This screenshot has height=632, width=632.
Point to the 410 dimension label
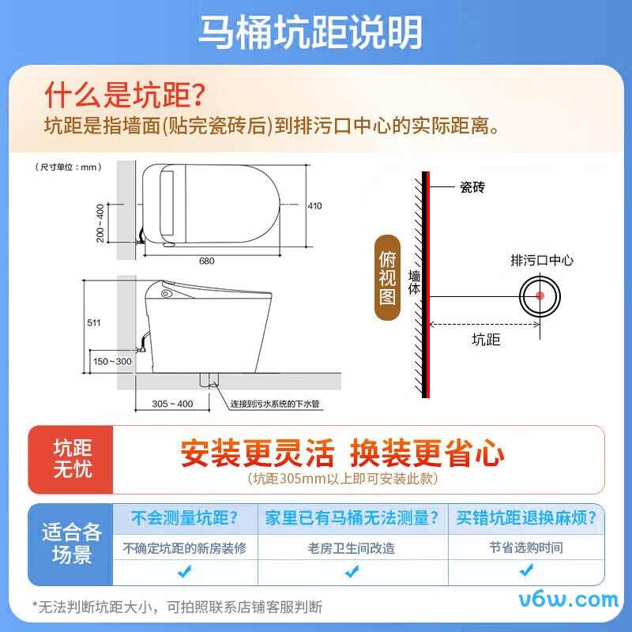pos(315,206)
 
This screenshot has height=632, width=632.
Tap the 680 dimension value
pos(207,261)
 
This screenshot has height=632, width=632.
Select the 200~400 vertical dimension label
pos(100,224)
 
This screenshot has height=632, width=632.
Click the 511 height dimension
pos(94,322)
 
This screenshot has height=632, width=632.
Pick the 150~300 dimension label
pos(112,361)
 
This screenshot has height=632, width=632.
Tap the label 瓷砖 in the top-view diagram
pos(472,187)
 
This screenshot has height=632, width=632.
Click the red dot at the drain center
pos(540,296)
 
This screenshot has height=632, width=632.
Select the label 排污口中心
pos(542,260)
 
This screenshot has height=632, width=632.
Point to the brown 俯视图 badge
pos(387,278)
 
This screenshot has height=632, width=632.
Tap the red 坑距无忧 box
pos(72,458)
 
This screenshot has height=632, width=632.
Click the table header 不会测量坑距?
pos(184,518)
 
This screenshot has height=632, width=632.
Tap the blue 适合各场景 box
pos(71,543)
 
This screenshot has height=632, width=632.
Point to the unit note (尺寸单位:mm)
pos(69,167)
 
